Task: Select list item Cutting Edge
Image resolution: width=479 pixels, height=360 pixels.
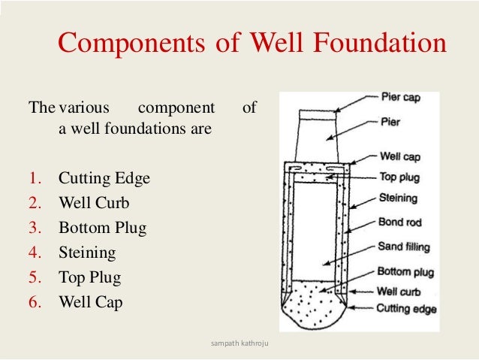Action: pyautogui.click(x=104, y=179)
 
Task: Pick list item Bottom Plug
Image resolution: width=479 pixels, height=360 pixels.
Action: pyautogui.click(x=102, y=228)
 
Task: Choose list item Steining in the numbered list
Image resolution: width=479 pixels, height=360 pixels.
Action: pyautogui.click(x=87, y=253)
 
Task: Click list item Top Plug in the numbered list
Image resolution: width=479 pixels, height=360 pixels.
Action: pyautogui.click(x=89, y=277)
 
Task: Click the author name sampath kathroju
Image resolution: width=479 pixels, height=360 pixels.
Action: pyautogui.click(x=239, y=345)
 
